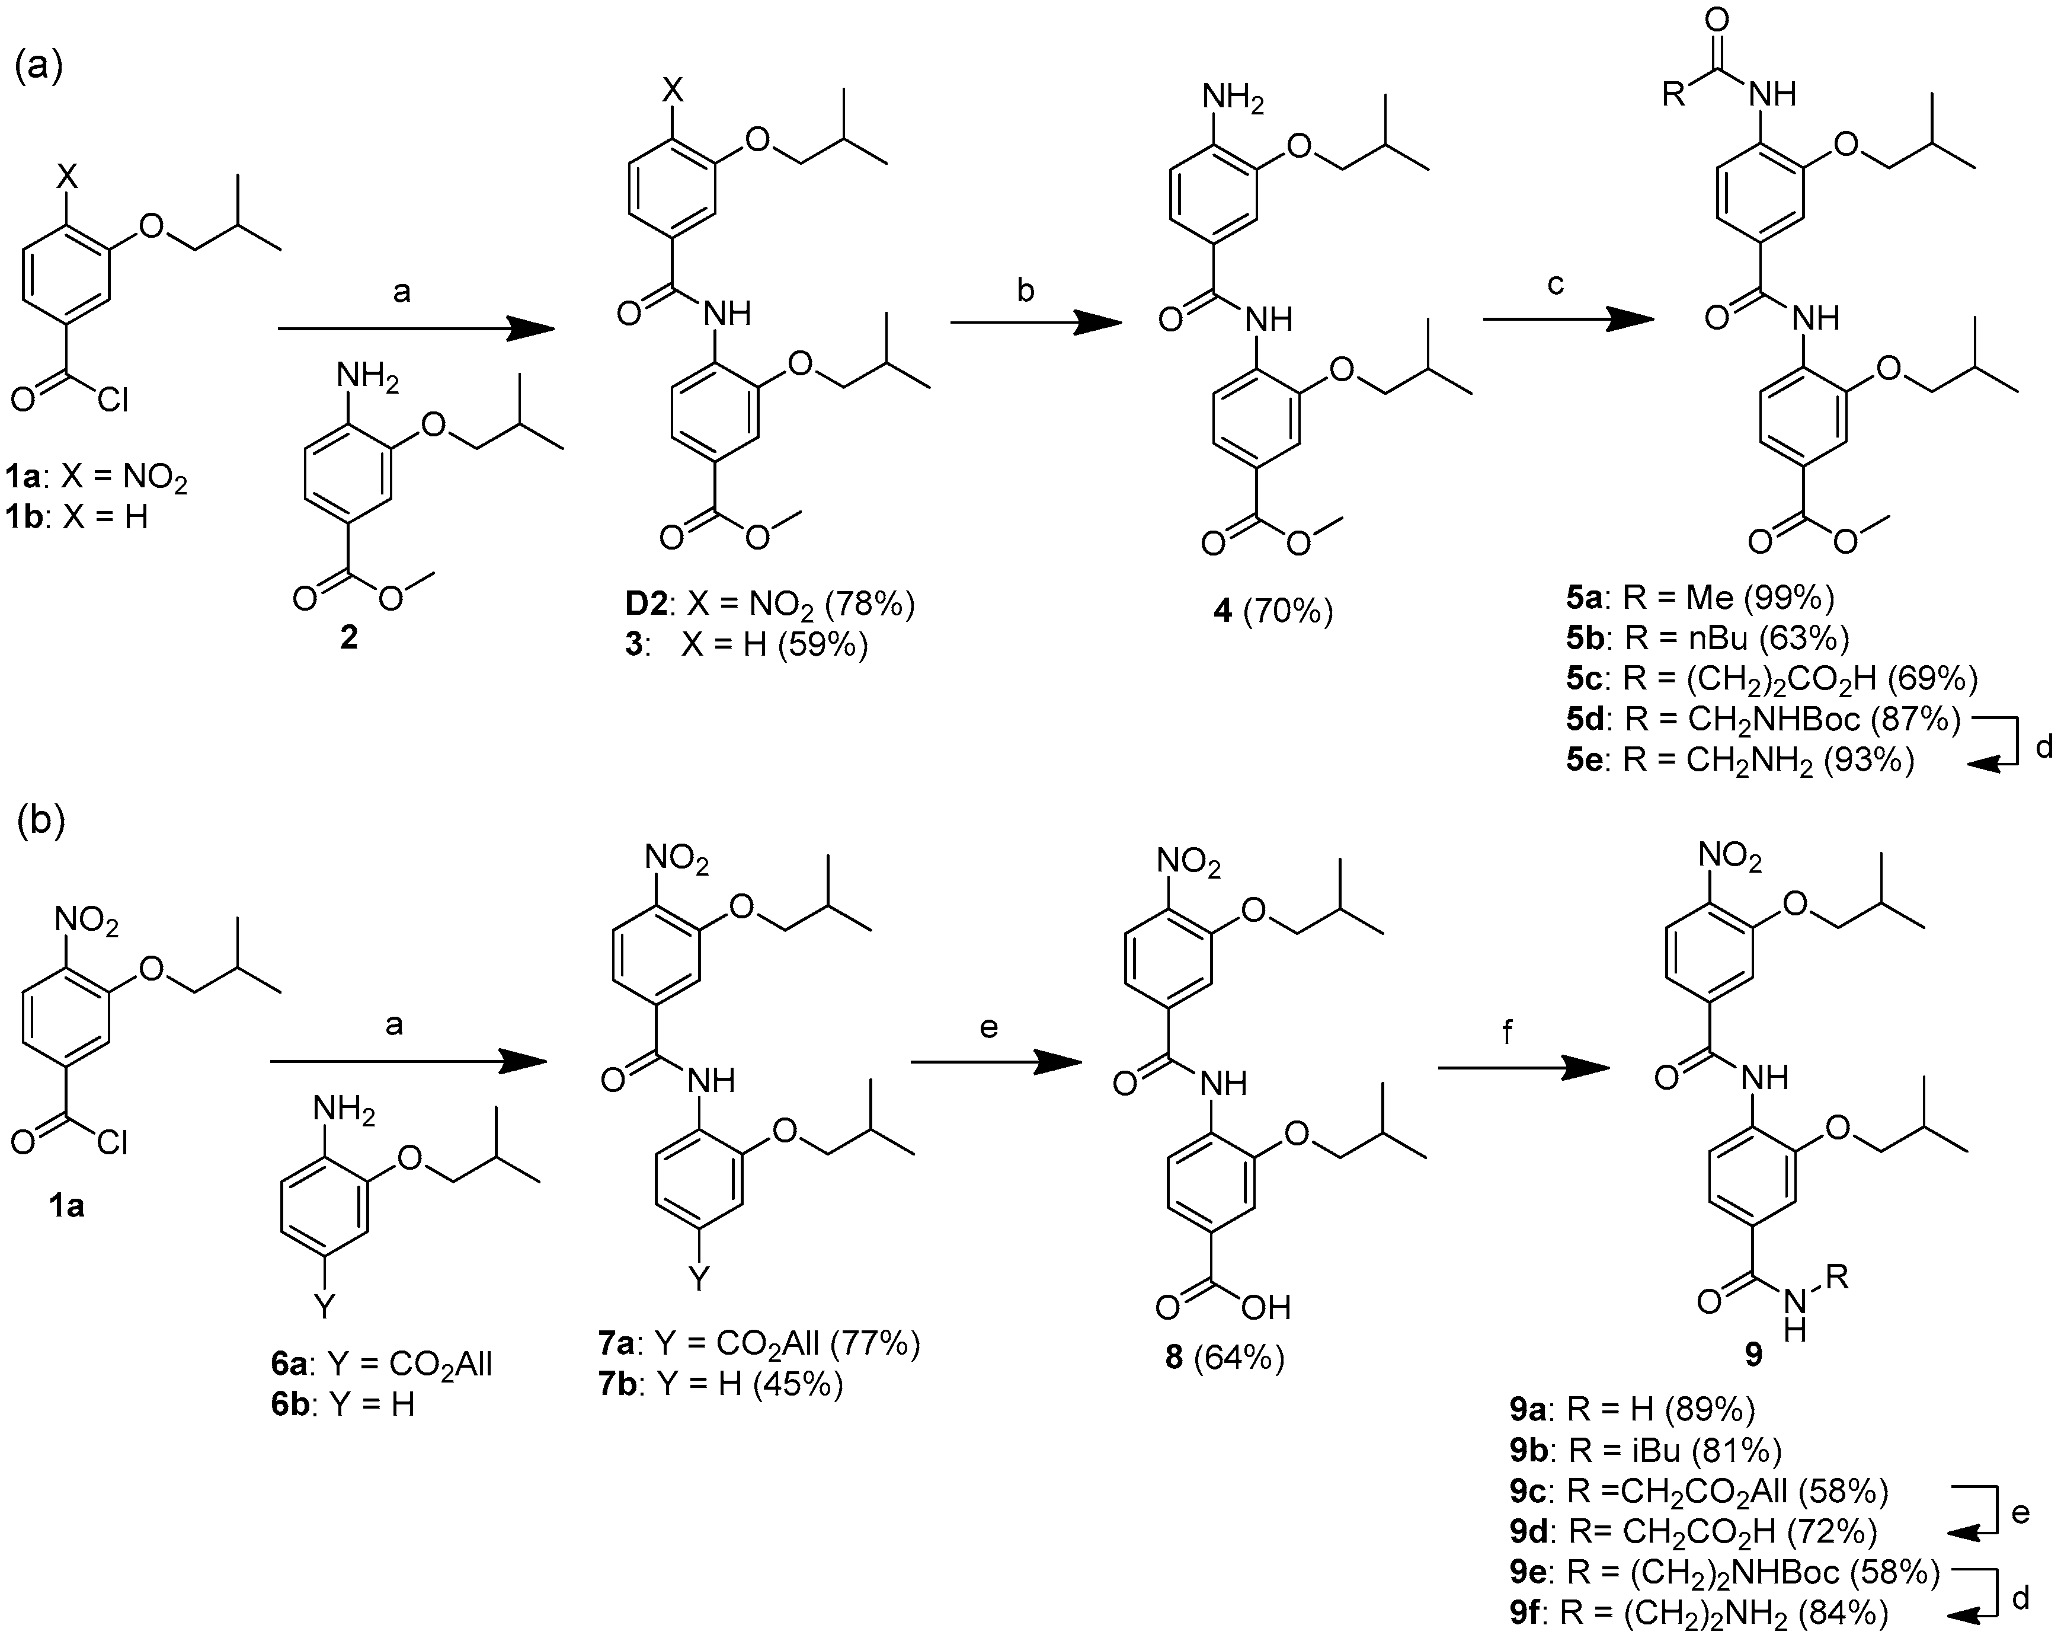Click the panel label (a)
[x=39, y=68]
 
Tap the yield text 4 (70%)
[x=1272, y=610]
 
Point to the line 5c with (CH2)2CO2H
[x=1771, y=678]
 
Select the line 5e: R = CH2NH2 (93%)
[x=1740, y=759]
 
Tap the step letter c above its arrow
[x=1556, y=284]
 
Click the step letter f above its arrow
[x=1508, y=1033]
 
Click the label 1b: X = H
[x=76, y=518]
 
